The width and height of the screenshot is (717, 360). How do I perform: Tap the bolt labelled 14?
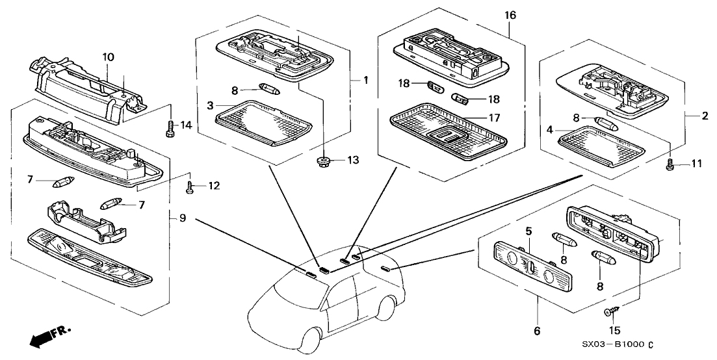[x=170, y=125]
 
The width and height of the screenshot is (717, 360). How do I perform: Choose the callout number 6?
[x=537, y=331]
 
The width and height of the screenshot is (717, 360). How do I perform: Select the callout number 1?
[x=365, y=81]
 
